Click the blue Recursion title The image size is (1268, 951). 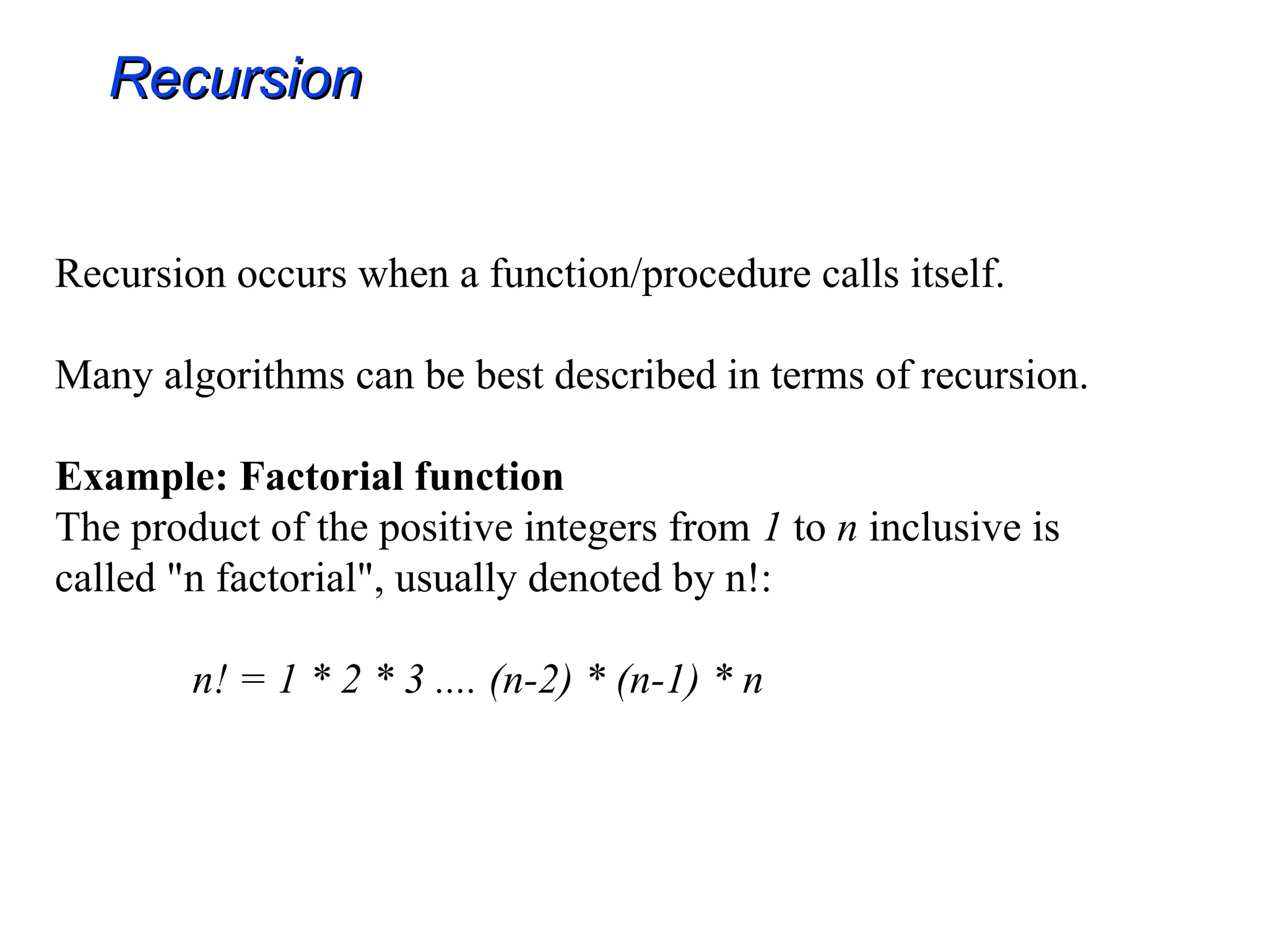[236, 79]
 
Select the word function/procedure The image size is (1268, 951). [650, 274]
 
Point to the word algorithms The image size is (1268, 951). [254, 376]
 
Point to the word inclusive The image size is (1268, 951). [945, 528]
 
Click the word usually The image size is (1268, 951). [455, 580]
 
